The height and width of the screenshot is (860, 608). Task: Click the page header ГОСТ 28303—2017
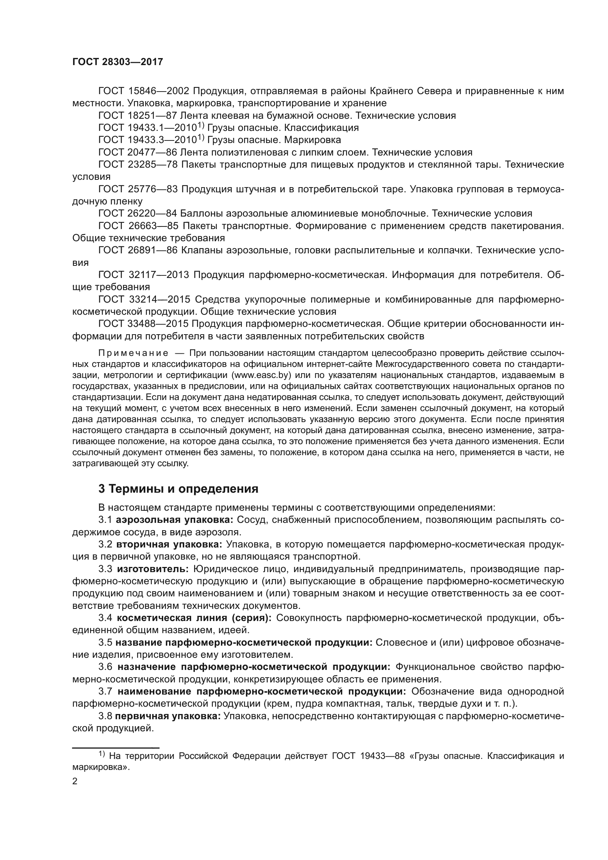118,62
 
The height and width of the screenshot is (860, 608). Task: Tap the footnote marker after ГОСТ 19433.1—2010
200,125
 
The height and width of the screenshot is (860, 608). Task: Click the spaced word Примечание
133,353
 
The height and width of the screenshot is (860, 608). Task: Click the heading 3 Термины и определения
178,489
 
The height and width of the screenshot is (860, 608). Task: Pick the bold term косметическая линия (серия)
194,618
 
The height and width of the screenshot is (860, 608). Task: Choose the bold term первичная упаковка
168,716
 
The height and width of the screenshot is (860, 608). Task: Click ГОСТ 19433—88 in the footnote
368,756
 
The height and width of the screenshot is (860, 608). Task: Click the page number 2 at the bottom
75,781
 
